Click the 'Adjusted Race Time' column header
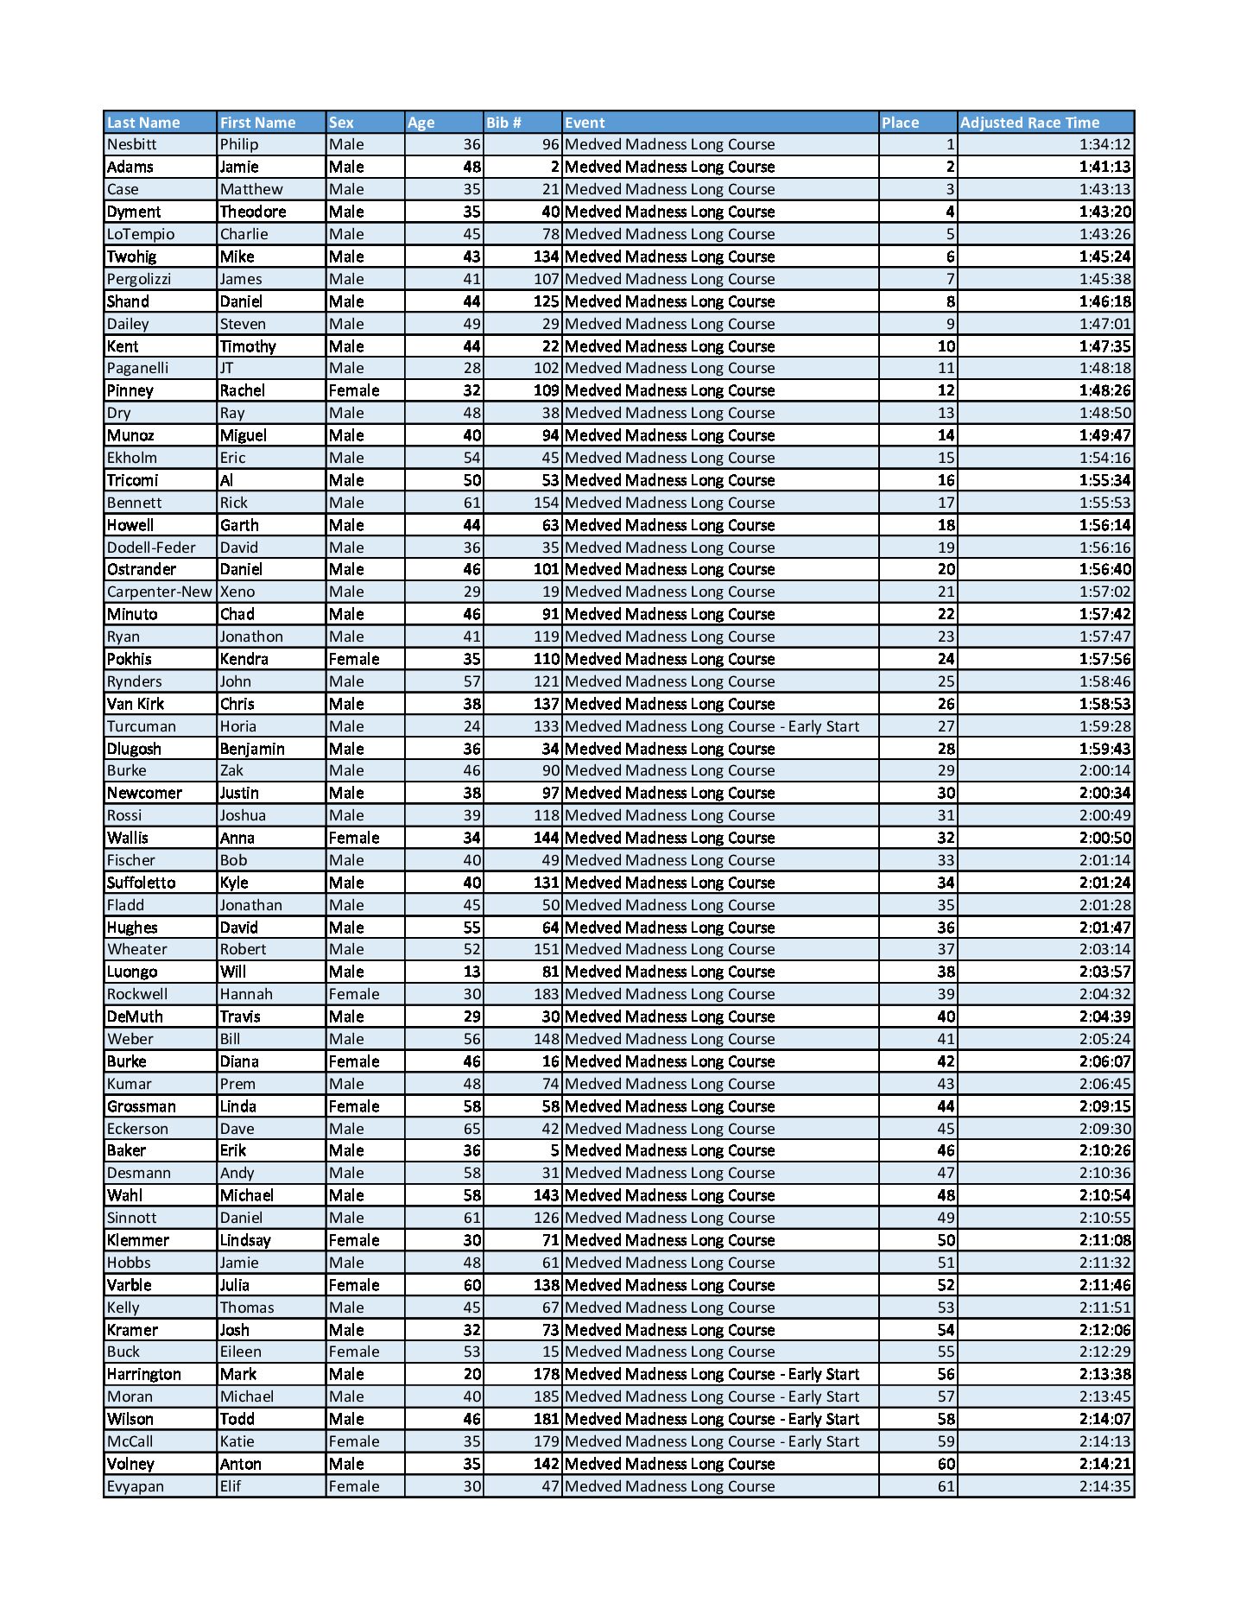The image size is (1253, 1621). coord(1029,123)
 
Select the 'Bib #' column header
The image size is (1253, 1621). coord(503,123)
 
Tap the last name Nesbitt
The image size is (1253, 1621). coord(132,144)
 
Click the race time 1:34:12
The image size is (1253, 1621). coord(1104,144)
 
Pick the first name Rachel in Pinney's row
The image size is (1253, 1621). coord(243,390)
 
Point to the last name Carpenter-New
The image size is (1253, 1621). coord(159,592)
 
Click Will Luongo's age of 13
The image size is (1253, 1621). coord(471,972)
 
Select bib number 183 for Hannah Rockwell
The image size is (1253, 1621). coord(547,994)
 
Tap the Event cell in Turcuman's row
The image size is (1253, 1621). coord(712,726)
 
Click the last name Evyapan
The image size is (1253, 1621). coord(136,1486)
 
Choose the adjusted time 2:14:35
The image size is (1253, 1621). coord(1104,1486)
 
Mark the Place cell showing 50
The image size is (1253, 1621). coord(946,1240)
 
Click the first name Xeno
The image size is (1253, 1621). coord(237,592)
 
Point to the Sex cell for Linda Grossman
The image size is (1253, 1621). coord(354,1106)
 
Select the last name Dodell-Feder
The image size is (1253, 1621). coord(151,548)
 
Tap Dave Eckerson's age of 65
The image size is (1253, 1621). coord(471,1129)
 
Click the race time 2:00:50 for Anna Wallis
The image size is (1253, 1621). coord(1104,838)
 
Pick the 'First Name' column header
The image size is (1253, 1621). coord(257,123)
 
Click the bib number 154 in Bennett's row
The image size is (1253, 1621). coord(547,503)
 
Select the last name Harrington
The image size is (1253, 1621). coord(144,1374)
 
